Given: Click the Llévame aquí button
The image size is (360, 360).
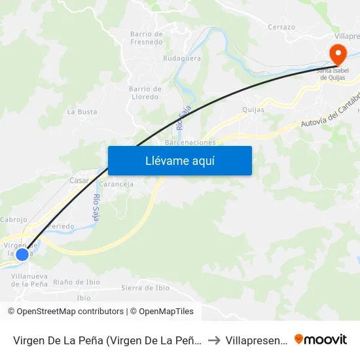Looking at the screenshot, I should [x=179, y=160].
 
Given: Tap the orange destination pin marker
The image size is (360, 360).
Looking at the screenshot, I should [x=338, y=54].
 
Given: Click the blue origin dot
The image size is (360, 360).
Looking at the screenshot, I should [x=22, y=254].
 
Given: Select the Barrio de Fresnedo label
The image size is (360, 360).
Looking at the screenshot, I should [x=146, y=38].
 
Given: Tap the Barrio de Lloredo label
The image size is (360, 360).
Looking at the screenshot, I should [x=145, y=93].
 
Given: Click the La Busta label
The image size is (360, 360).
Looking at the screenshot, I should [x=82, y=112].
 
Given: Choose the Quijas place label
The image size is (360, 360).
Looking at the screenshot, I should [x=253, y=110].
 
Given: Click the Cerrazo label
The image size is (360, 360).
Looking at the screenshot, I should [x=281, y=27].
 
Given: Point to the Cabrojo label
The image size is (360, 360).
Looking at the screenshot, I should [x=14, y=220].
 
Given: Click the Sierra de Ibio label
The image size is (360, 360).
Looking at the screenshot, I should [x=145, y=288].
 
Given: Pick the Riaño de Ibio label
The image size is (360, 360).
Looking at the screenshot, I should [x=77, y=283].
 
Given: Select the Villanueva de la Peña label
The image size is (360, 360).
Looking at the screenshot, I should [x=29, y=280].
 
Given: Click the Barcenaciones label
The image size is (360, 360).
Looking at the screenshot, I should [x=190, y=142].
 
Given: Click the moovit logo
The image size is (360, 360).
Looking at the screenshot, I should [x=320, y=339].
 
